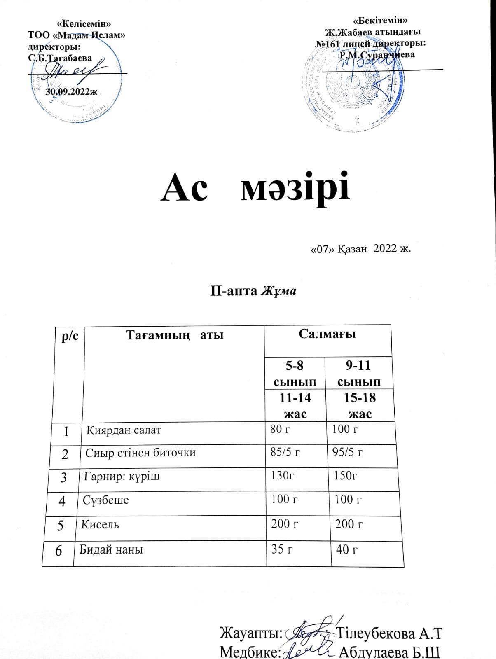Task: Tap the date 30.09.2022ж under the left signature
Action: click(71, 91)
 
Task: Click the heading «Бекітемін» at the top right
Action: click(381, 20)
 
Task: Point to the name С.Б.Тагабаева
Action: click(60, 58)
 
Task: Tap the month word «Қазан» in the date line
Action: click(353, 249)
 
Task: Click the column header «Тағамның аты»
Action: click(174, 335)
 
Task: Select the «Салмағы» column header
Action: click(327, 334)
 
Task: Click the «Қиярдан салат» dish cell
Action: click(124, 431)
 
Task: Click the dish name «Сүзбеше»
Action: click(106, 500)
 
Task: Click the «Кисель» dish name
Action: click(100, 525)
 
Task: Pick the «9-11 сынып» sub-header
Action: click(358, 373)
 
